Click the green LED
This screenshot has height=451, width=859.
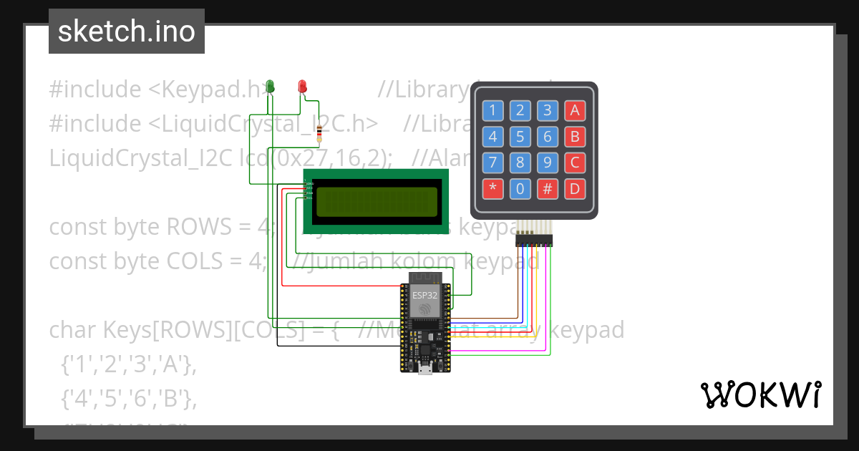(270, 87)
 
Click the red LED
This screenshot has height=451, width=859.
(302, 87)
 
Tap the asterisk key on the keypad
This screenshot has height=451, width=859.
(492, 189)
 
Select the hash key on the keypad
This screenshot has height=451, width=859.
(548, 189)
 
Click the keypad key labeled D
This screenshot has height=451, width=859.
(574, 189)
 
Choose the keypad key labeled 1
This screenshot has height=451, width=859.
(492, 110)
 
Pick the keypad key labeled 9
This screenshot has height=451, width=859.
(548, 163)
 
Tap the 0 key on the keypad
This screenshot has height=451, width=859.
(520, 189)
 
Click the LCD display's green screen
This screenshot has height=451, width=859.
(376, 201)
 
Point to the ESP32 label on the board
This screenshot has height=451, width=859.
(424, 294)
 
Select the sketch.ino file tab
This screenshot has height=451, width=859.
(127, 31)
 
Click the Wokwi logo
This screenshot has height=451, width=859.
(760, 395)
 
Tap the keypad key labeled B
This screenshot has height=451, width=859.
(574, 136)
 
